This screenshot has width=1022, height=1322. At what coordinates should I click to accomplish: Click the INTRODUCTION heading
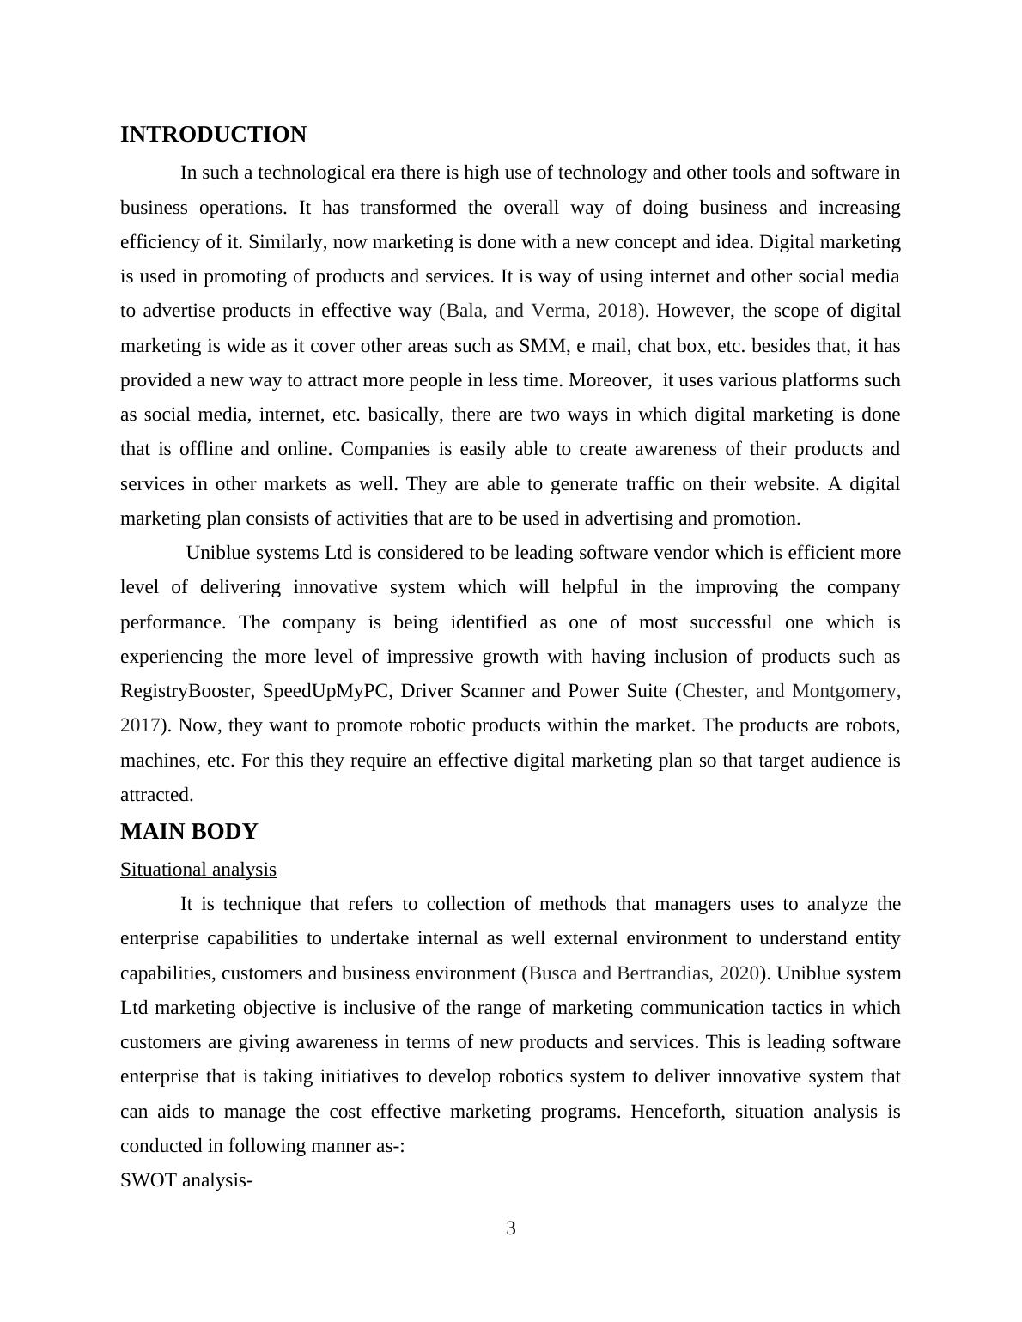coord(213,135)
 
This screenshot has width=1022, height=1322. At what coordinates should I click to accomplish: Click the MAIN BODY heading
coord(189,832)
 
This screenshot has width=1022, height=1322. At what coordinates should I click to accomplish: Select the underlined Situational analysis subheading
coord(198,870)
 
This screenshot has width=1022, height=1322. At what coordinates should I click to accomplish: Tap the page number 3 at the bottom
coord(511,1228)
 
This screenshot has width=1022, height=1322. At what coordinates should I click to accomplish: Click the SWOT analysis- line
coord(186,1180)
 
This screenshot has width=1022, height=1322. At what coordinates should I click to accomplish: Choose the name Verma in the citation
coord(556,311)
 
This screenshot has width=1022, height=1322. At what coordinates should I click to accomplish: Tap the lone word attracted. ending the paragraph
coord(157,795)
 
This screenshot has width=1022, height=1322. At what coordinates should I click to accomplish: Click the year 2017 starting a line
coord(139,725)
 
